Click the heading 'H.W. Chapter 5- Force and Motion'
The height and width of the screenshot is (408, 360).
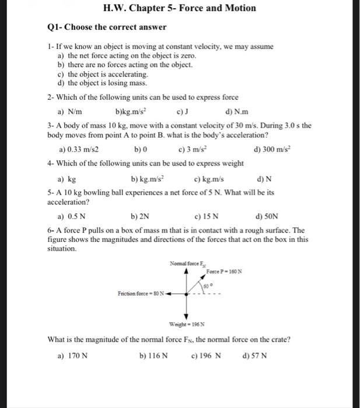[179, 8]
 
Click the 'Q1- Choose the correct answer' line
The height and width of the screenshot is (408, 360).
[106, 27]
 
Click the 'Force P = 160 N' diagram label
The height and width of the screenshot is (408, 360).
[224, 272]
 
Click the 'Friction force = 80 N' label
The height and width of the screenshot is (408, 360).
[143, 293]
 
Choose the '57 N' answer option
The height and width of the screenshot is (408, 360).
[258, 355]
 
